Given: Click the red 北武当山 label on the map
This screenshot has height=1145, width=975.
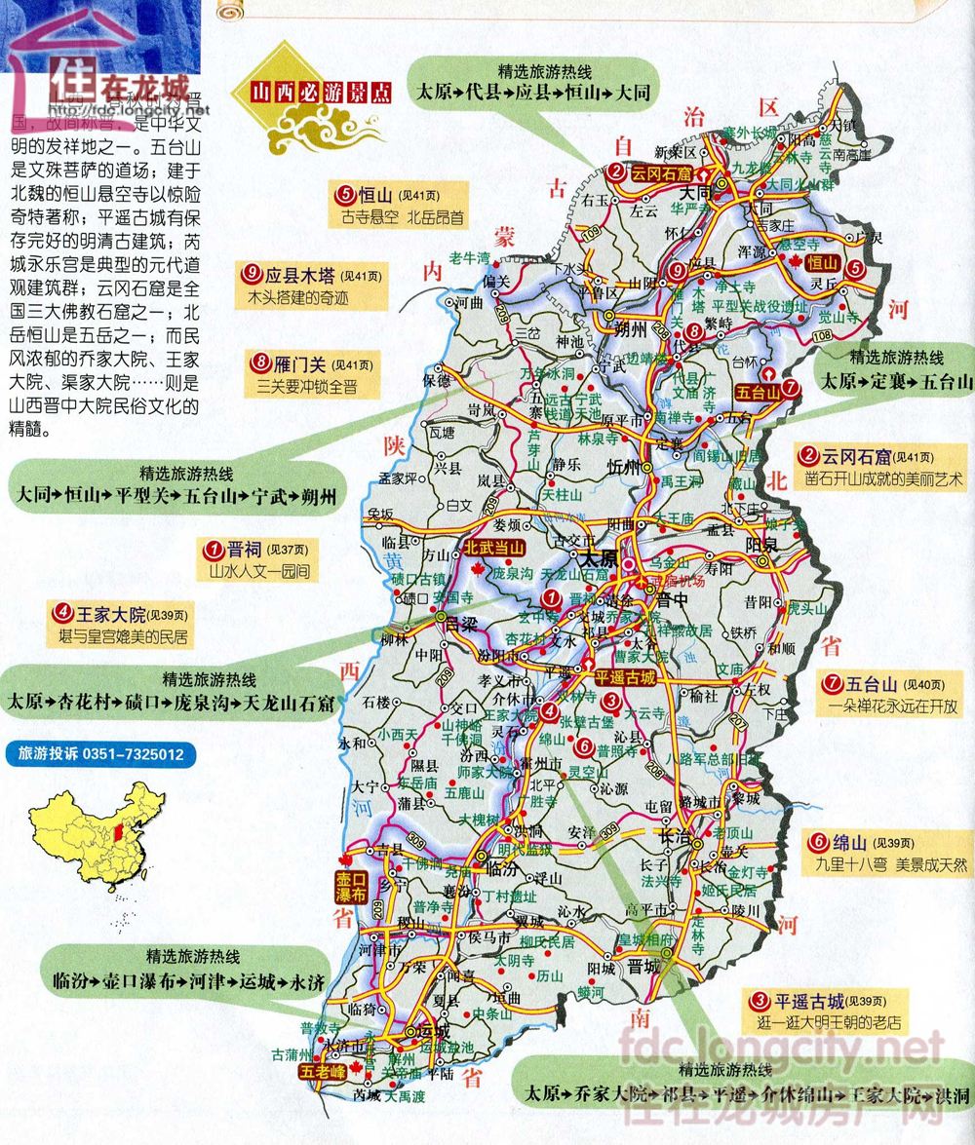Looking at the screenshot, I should point(493,548).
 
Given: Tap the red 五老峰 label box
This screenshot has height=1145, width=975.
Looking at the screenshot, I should point(324,1073).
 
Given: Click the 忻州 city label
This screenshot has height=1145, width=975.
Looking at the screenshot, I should point(622,463).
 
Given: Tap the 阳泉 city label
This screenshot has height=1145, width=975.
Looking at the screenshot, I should point(759,547).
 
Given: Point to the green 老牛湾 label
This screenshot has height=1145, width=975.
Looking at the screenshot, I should point(468,258).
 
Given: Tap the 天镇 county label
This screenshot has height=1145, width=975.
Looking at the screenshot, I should point(842,126).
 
